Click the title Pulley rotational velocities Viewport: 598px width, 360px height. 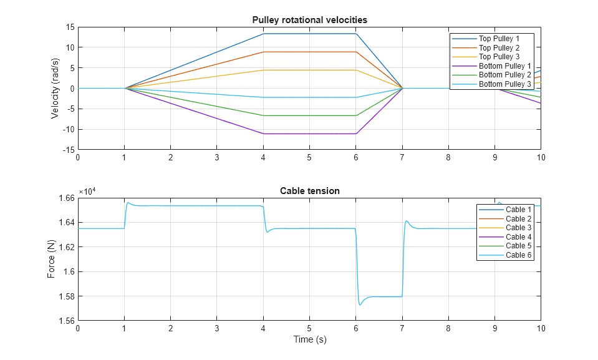(309, 20)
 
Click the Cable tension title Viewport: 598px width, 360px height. (309, 191)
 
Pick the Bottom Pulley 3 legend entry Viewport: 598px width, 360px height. (504, 84)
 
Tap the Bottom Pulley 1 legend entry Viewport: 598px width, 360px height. (504, 66)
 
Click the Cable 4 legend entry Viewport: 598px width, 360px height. (518, 237)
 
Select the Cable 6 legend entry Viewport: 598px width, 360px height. (518, 255)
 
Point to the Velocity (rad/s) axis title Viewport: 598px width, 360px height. (55, 88)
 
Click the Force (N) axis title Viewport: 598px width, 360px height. (52, 259)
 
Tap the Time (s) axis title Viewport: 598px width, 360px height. (309, 340)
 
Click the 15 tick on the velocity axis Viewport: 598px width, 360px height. (69, 27)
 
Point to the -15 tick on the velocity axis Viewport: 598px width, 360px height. (68, 150)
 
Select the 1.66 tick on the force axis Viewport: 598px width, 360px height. (65, 198)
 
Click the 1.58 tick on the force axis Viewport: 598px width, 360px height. (65, 296)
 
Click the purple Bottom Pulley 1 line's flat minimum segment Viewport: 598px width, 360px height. (309, 134)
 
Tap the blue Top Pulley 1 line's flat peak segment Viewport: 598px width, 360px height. (309, 34)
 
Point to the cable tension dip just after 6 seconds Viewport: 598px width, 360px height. (360, 304)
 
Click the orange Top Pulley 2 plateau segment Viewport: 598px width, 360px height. (309, 52)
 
